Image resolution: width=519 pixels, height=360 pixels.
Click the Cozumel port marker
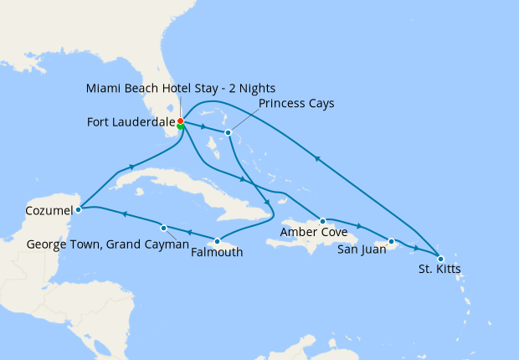[x=78, y=208]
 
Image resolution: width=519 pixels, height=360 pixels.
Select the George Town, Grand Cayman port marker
[x=164, y=228]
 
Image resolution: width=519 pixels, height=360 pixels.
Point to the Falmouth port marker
[x=217, y=241]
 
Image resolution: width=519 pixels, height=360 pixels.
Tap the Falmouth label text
[x=217, y=252]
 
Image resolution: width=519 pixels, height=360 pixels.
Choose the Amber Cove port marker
[x=322, y=221]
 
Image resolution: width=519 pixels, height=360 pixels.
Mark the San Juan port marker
[x=391, y=242]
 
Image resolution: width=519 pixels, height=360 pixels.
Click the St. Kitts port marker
[x=441, y=258]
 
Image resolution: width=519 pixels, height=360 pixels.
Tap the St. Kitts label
[x=439, y=269]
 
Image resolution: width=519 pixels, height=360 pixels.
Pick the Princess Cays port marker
[x=228, y=132]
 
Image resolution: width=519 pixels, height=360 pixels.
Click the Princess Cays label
[x=296, y=104]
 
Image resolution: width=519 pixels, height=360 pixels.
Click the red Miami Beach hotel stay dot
[x=180, y=121]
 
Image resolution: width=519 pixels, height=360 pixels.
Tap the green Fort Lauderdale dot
[x=181, y=126]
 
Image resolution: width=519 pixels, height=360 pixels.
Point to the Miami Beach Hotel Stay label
[x=180, y=88]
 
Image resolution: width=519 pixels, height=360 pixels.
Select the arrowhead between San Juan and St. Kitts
[x=416, y=248]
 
